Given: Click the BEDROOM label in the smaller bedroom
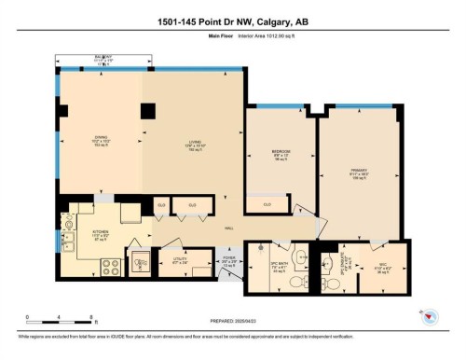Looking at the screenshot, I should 280,151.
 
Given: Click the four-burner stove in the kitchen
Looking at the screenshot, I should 109,265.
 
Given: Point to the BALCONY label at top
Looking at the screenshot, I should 103,57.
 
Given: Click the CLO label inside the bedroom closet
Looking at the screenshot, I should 267,203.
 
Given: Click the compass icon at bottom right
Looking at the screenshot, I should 430,316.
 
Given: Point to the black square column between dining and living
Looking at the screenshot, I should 147,111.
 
